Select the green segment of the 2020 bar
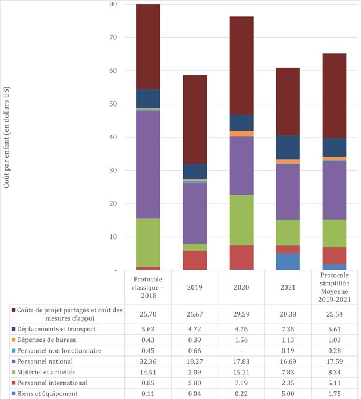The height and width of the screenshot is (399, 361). tap(241, 220)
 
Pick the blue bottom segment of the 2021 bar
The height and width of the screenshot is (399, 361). tap(288, 261)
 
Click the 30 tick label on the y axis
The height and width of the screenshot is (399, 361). tap(112, 171)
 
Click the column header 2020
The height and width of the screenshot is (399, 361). tap(241, 287)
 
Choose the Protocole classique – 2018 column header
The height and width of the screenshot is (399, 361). tap(148, 287)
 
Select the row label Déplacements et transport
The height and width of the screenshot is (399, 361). tap(56, 329)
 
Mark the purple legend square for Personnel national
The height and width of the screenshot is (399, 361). tap(14, 361)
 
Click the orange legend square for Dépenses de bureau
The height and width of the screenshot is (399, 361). tap(14, 340)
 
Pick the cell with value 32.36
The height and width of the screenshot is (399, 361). tap(148, 361)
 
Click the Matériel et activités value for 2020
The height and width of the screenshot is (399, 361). tap(241, 372)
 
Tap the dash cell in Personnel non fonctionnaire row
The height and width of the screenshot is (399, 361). tap(241, 351)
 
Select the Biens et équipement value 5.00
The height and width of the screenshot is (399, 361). tap(288, 394)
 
